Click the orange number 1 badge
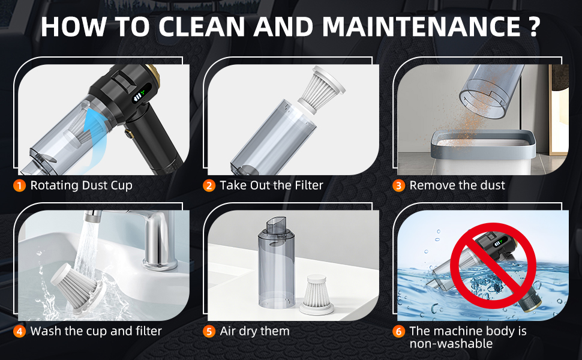coord(20,185)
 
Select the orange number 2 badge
coord(209,185)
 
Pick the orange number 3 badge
coord(399,185)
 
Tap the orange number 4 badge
coord(20,331)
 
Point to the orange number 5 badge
coord(209,331)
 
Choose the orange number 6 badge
coord(399,331)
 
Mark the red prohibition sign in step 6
coord(494,264)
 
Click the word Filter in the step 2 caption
coord(306,185)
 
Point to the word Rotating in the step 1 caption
coord(55,185)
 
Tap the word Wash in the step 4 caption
coord(45,331)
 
